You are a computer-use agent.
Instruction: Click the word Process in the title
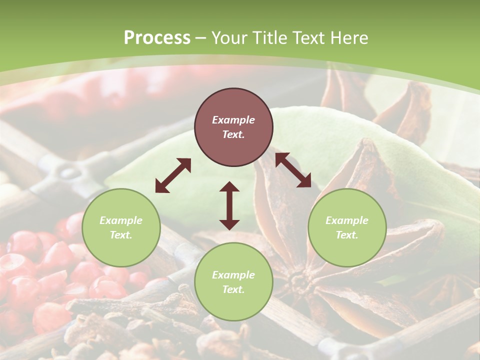pos(157,38)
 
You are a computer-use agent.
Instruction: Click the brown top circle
pos(233,127)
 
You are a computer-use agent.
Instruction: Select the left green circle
pos(121,227)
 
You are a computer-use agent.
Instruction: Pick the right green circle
pos(346,227)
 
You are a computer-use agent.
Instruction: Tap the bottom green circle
pos(233,281)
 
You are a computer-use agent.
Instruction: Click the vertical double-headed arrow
pos(229,205)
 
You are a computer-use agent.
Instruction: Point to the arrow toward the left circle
pos(172,175)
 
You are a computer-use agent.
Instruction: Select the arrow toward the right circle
pos(293,170)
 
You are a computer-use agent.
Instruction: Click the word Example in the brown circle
pos(233,120)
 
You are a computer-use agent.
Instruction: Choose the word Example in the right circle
pos(346,220)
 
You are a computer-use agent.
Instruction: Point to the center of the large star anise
pos(300,280)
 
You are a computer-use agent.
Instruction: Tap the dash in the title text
pos(201,38)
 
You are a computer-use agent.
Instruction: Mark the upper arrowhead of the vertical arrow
pos(229,186)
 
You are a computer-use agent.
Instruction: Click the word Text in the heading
pos(307,38)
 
